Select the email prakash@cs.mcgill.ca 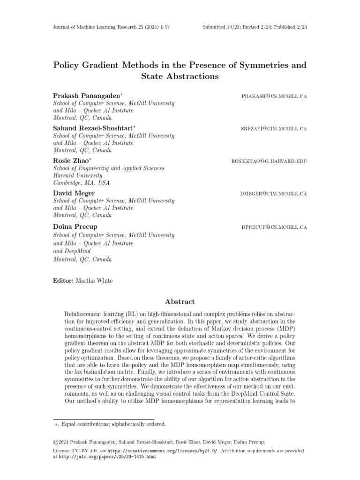pos(274,96)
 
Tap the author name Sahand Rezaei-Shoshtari pos(93,128)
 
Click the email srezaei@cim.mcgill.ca pos(274,128)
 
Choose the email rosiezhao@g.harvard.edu pos(269,161)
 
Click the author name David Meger pos(74,193)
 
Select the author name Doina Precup pos(75,226)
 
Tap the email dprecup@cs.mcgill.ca pos(274,227)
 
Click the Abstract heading pos(180,302)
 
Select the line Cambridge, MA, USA pos(79,183)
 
